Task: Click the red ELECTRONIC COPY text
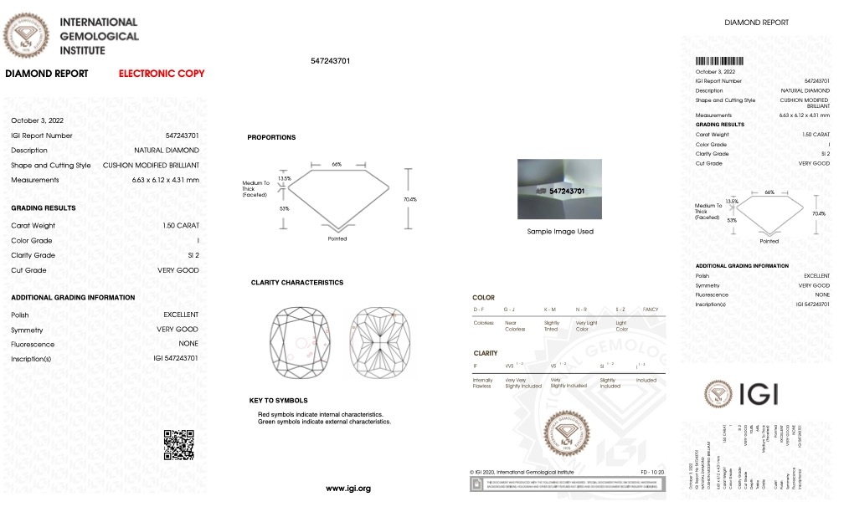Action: point(162,74)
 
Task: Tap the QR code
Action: point(178,444)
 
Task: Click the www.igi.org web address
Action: point(347,488)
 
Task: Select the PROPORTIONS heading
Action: point(271,137)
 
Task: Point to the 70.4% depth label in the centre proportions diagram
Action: point(410,199)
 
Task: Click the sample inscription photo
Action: point(560,191)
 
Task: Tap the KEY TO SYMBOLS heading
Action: point(278,401)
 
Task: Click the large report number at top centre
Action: point(330,61)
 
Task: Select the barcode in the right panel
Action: point(719,61)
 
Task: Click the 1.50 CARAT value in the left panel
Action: point(181,226)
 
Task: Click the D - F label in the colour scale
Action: point(481,310)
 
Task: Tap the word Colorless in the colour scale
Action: point(483,322)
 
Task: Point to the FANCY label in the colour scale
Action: point(650,310)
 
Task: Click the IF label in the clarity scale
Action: point(476,366)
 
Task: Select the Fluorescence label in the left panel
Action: point(33,345)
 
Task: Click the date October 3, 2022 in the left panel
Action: point(37,120)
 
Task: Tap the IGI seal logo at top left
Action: point(27,35)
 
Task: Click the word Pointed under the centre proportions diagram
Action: point(337,239)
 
